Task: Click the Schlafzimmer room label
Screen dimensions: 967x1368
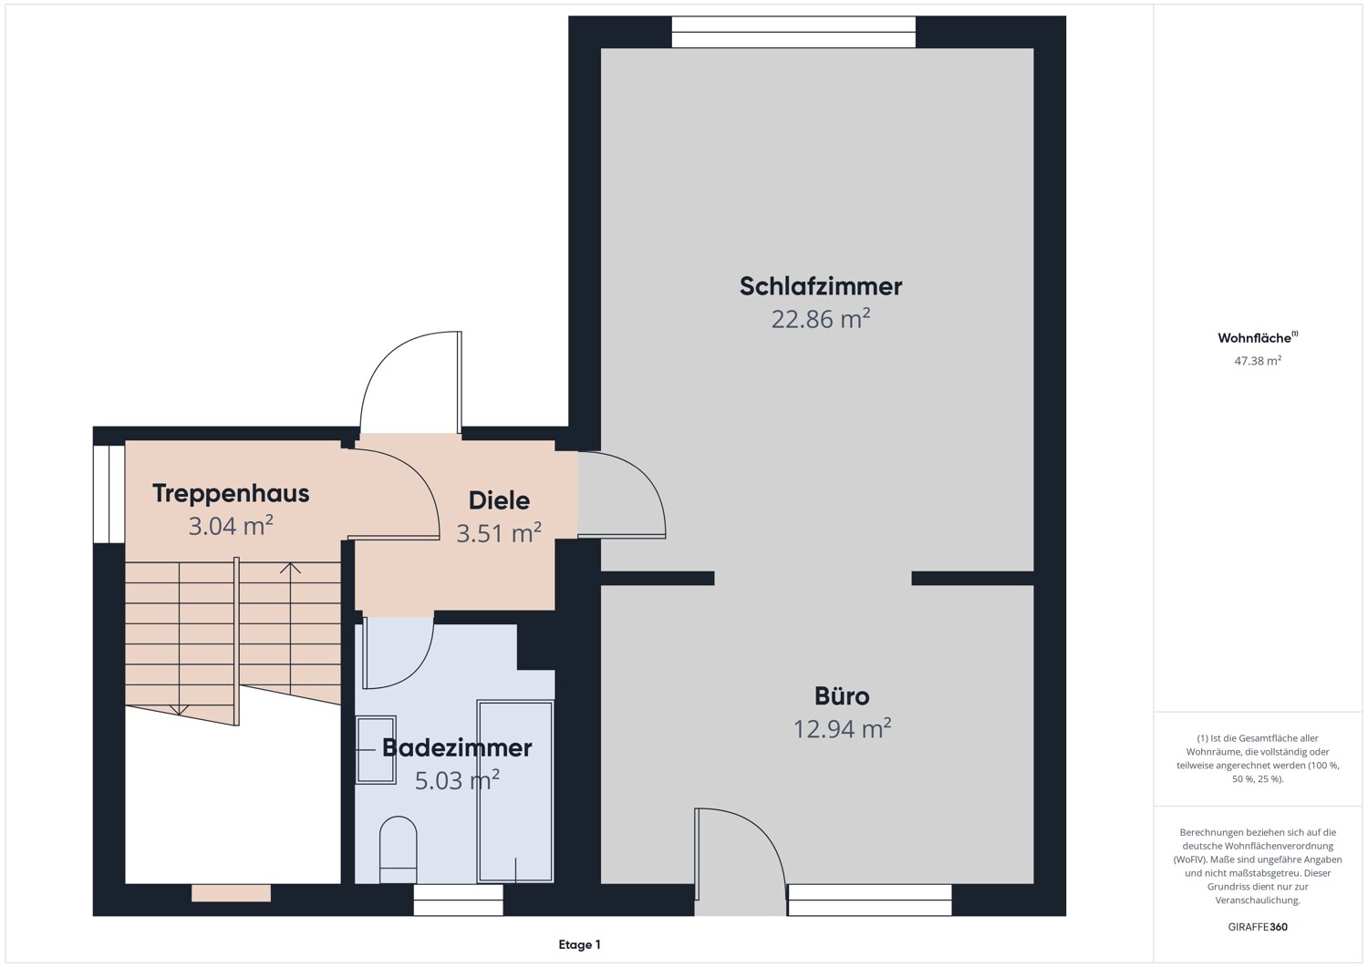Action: click(x=820, y=286)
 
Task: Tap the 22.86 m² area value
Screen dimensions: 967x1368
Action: click(x=820, y=319)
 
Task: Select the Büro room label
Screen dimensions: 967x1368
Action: click(x=841, y=696)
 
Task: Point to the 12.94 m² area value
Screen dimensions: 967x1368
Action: click(x=841, y=729)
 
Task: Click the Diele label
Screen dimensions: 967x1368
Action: click(x=499, y=500)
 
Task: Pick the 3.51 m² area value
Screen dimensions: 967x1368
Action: click(x=499, y=533)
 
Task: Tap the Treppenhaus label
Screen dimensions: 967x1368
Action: click(x=231, y=493)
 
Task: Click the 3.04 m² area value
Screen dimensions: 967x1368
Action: click(x=231, y=526)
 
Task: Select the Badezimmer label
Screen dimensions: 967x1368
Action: click(x=456, y=748)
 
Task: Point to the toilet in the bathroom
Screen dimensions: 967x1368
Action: click(x=398, y=849)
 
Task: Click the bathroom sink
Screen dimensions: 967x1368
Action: click(x=376, y=750)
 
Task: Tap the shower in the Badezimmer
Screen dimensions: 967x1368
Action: click(x=515, y=791)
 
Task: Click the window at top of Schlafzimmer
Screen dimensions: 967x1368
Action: click(x=793, y=32)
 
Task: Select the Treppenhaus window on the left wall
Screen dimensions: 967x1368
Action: click(x=109, y=493)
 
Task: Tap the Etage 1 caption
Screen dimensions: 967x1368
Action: click(x=579, y=945)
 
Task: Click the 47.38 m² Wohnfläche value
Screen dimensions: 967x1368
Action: click(x=1258, y=361)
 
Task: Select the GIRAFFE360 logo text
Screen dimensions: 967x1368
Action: click(x=1258, y=927)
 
